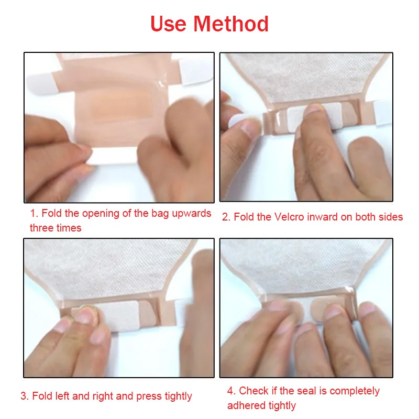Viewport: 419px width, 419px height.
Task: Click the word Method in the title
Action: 231,24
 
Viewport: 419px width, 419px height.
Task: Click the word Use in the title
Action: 168,24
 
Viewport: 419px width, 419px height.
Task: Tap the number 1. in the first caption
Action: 35,214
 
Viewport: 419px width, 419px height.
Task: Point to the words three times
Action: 56,228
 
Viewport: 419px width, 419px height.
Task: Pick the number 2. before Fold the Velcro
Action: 226,217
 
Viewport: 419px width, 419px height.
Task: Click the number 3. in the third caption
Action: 25,396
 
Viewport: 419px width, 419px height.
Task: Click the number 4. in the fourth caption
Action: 231,391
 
